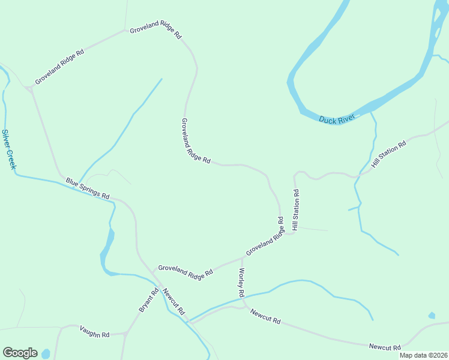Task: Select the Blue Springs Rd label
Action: point(88,188)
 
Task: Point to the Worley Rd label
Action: point(241,283)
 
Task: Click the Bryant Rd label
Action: point(148,299)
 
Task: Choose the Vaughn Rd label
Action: point(95,331)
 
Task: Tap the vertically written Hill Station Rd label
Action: point(295,210)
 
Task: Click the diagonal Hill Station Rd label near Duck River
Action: point(389,154)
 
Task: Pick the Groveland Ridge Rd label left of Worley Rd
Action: point(185,271)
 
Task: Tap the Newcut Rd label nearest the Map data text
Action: point(385,347)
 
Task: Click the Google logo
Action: point(20,353)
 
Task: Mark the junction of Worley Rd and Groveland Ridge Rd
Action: point(242,259)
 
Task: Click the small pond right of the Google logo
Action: point(46,354)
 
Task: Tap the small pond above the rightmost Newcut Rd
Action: point(432,316)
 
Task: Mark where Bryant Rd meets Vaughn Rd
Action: point(127,332)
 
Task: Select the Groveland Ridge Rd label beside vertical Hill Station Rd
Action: point(264,238)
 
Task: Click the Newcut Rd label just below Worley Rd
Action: point(266,316)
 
